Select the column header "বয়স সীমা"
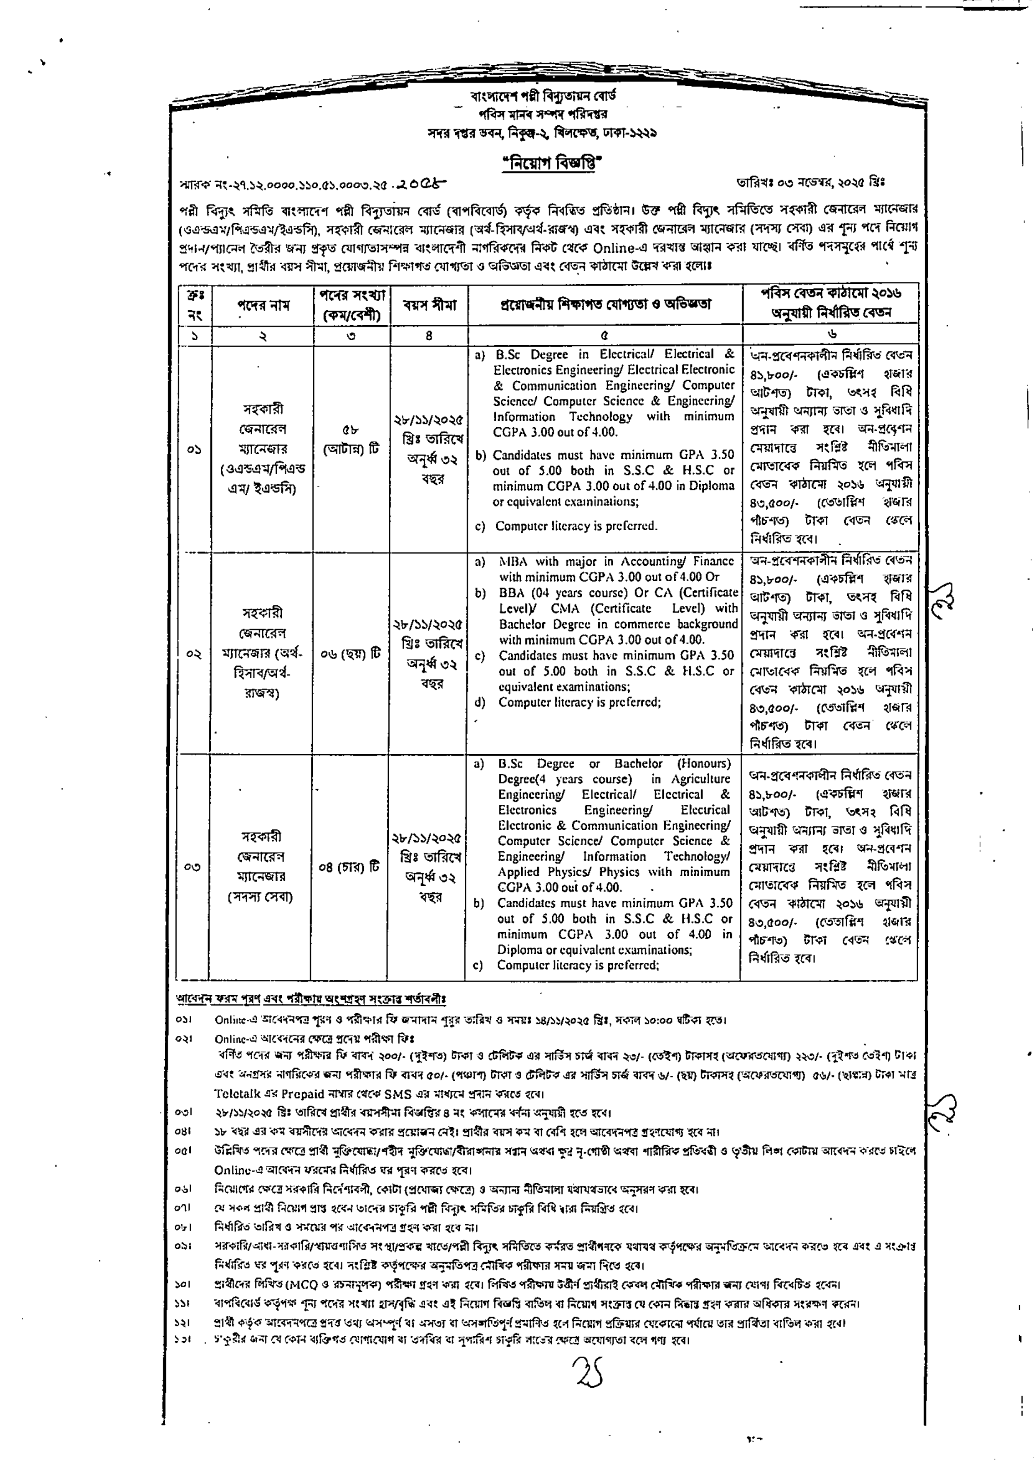[x=429, y=305]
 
